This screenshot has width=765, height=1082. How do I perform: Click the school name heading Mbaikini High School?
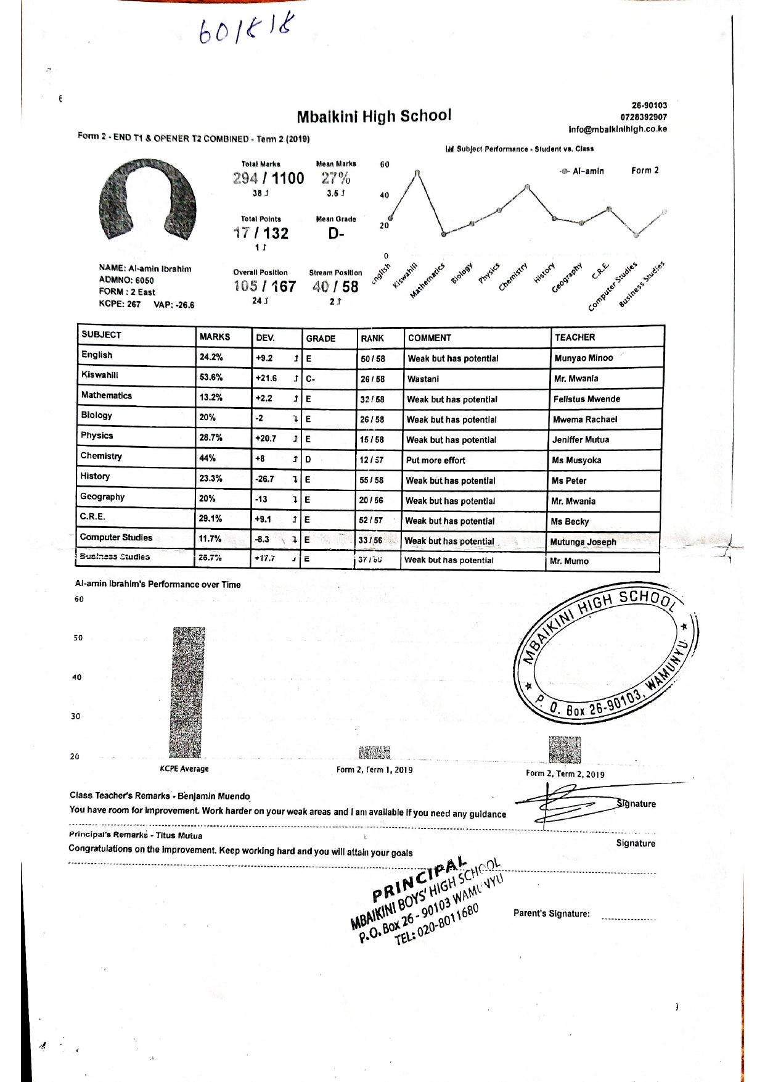(x=374, y=116)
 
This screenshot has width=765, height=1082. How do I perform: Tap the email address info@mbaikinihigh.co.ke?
(x=617, y=130)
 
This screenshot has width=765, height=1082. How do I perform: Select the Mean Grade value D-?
(x=336, y=233)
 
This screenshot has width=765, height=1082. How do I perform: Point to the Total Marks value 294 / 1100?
(x=268, y=178)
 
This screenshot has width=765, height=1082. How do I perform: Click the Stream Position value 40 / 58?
(x=335, y=286)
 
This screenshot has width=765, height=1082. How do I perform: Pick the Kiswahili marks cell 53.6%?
(x=211, y=378)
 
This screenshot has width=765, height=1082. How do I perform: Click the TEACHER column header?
(x=575, y=337)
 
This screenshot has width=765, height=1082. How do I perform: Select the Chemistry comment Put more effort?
(x=435, y=460)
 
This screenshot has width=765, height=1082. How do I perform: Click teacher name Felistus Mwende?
(x=586, y=399)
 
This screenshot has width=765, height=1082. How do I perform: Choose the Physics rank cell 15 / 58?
(x=372, y=440)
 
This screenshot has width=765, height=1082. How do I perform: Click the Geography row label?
(x=102, y=497)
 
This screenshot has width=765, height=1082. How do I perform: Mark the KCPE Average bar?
(x=187, y=692)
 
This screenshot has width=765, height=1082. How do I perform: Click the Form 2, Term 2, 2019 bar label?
(x=565, y=774)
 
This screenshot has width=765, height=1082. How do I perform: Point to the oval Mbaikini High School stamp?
(x=606, y=655)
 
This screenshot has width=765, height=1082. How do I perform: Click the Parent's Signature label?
(x=551, y=914)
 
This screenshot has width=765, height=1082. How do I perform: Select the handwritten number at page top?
(x=246, y=30)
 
